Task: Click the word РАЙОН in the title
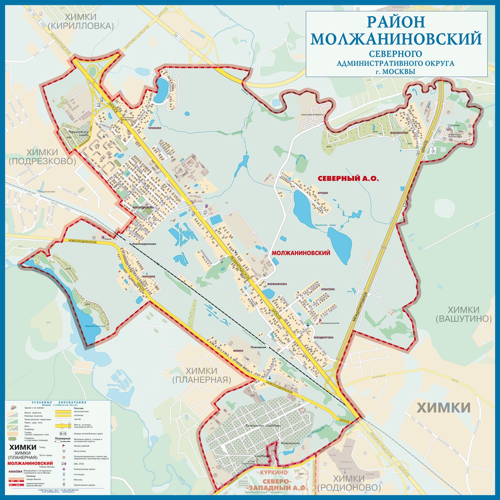[396, 22]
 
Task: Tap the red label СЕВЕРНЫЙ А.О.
[348, 179]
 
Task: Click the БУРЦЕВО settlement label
[323, 193]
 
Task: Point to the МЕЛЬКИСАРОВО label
[399, 133]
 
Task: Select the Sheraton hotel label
[455, 126]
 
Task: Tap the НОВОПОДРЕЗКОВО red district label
[143, 207]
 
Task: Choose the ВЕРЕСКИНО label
[148, 277]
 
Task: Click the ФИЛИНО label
[238, 351]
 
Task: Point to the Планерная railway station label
[258, 347]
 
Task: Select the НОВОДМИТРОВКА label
[323, 337]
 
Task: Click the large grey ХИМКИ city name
[444, 408]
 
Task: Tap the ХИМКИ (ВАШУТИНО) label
[464, 314]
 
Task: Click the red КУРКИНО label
[274, 472]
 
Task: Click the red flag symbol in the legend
[63, 446]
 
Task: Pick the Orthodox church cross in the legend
[63, 485]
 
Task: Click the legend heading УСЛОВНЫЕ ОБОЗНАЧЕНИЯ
[59, 402]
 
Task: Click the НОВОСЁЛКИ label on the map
[328, 289]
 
